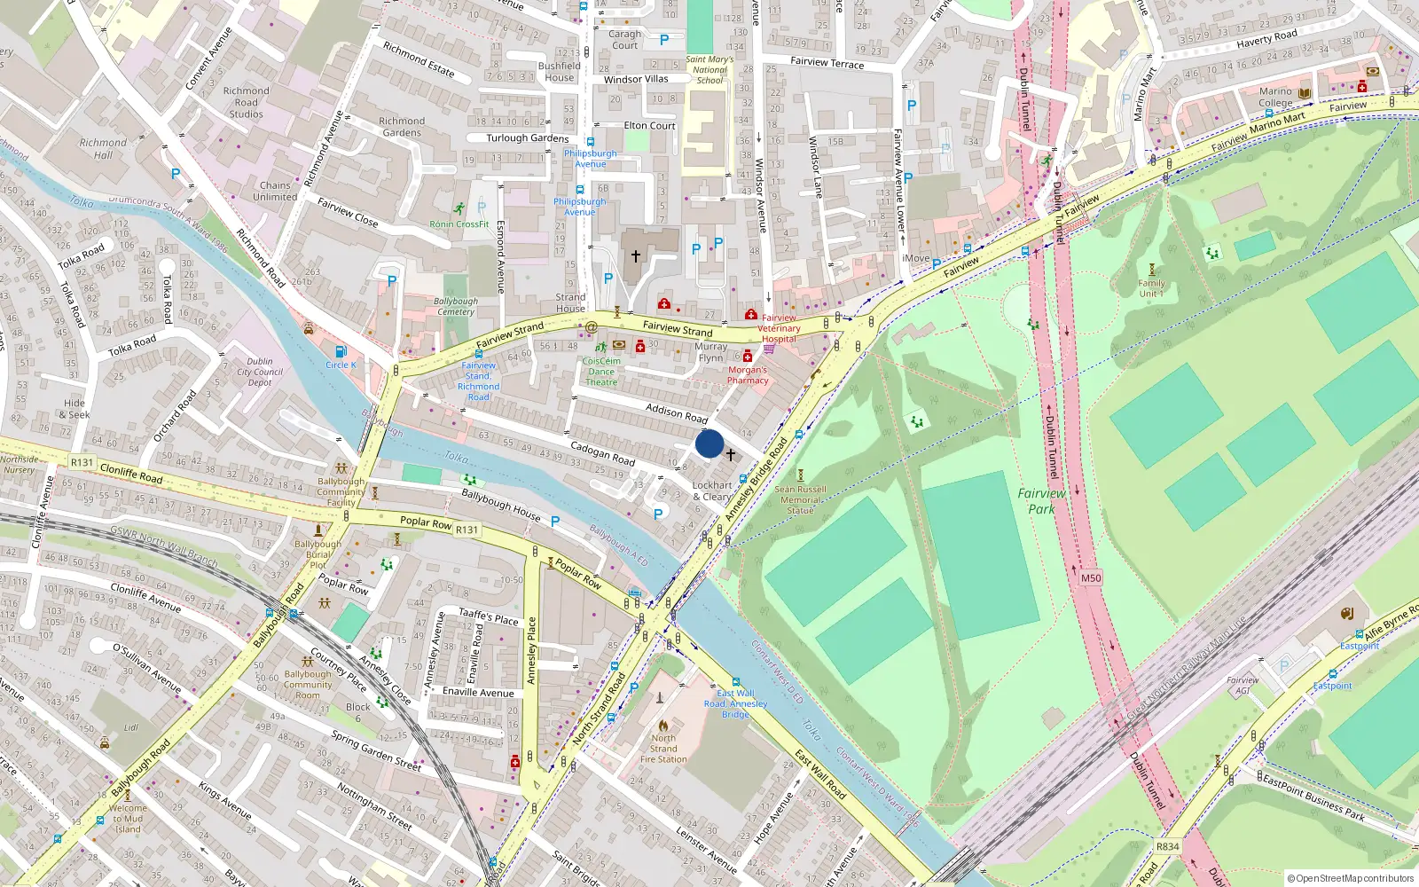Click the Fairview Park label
pyautogui.click(x=1041, y=500)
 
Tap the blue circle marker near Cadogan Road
pyautogui.click(x=709, y=443)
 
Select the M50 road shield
pyautogui.click(x=1091, y=577)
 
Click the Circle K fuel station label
pyautogui.click(x=341, y=365)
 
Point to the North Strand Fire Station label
pyautogui.click(x=663, y=749)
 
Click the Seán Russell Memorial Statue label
pyautogui.click(x=800, y=499)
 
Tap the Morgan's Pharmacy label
pyautogui.click(x=748, y=375)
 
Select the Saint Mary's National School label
pyautogui.click(x=709, y=70)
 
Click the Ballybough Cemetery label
pyautogui.click(x=456, y=306)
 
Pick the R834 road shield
pyautogui.click(x=1168, y=846)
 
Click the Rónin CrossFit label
pyautogui.click(x=459, y=224)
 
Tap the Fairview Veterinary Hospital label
pyautogui.click(x=779, y=328)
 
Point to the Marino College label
pyautogui.click(x=1275, y=97)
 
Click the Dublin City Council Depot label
pyautogui.click(x=260, y=372)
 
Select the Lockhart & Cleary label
pyautogui.click(x=712, y=491)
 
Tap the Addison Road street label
pyautogui.click(x=677, y=412)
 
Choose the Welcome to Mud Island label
pyautogui.click(x=128, y=819)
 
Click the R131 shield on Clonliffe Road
pyautogui.click(x=82, y=462)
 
